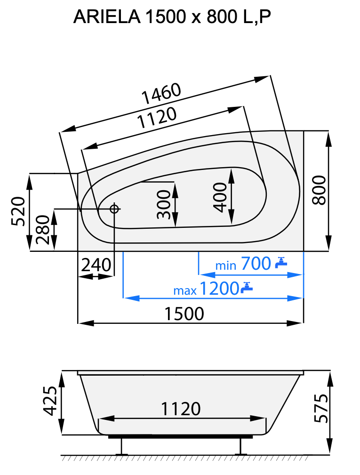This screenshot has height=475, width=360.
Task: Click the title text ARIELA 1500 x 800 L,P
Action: coord(172,17)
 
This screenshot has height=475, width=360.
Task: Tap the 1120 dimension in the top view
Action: coord(157,119)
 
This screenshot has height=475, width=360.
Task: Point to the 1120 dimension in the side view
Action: coord(181,409)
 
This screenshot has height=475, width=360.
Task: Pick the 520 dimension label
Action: coord(18,211)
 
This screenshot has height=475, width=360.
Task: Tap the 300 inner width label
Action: coord(163,205)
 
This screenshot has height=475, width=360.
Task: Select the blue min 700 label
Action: coord(243,264)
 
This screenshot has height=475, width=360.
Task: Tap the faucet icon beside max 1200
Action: coord(247,287)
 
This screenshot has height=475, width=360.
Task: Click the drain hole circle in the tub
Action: coord(114,209)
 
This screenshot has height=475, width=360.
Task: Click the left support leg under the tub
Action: coord(122,446)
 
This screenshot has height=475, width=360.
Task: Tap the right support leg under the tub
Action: coord(241,446)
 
